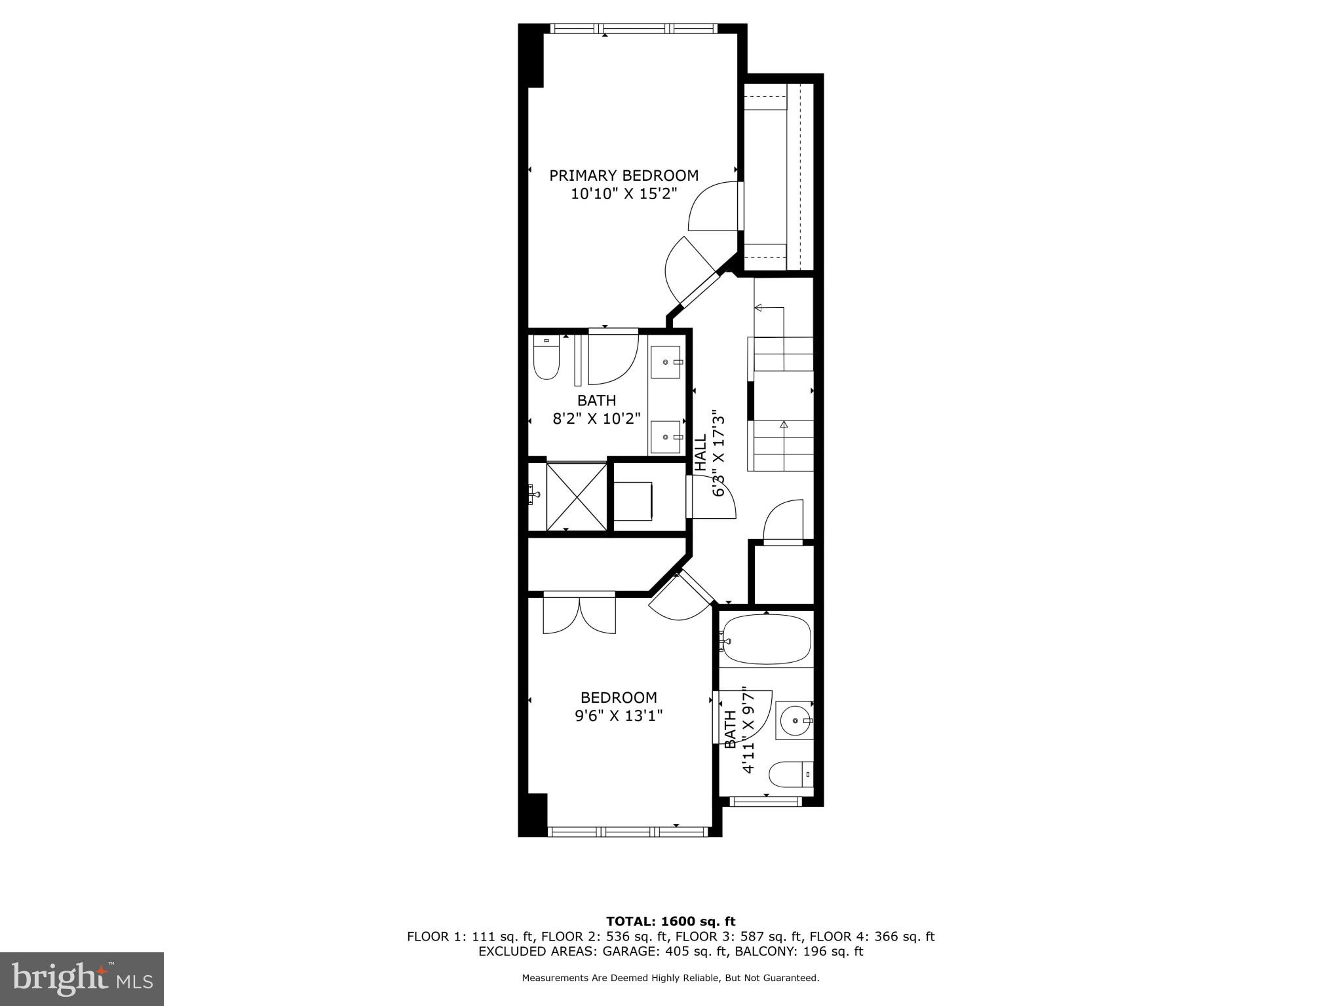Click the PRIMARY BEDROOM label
point(623,176)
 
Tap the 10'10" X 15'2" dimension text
point(623,194)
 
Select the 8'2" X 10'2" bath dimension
point(596,419)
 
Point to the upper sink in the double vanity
point(666,362)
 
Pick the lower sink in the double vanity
point(666,437)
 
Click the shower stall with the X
point(577,496)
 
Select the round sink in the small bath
point(794,720)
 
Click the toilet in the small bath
point(790,775)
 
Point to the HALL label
point(700,452)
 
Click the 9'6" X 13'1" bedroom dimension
point(619,716)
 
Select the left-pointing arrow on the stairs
point(759,307)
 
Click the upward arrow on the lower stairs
point(783,424)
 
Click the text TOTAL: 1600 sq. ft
point(670,922)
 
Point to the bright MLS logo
point(82,978)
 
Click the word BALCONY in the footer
point(763,951)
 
